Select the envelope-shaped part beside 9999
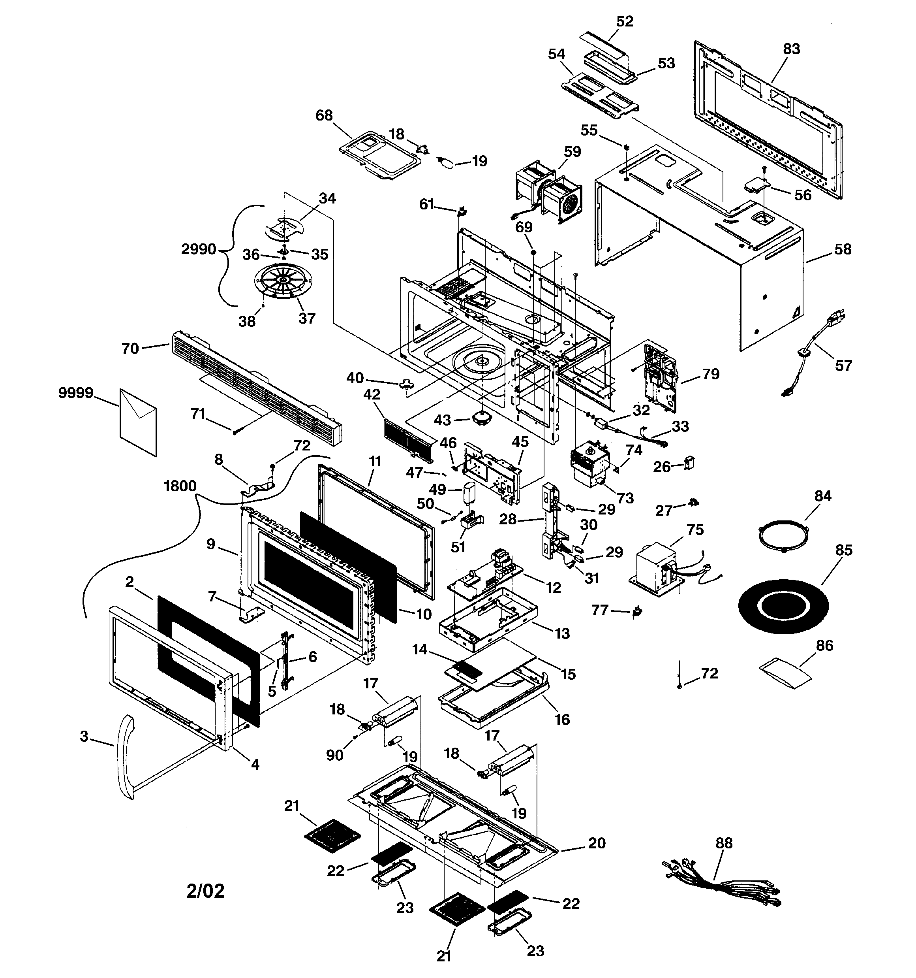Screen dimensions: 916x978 (139, 422)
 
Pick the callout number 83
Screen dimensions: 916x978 (791, 49)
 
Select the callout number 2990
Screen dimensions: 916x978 (199, 249)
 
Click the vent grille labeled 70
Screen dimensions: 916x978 (256, 388)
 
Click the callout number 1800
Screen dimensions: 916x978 (180, 486)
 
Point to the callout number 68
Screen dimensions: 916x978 (324, 115)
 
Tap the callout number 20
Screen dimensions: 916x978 (597, 843)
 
